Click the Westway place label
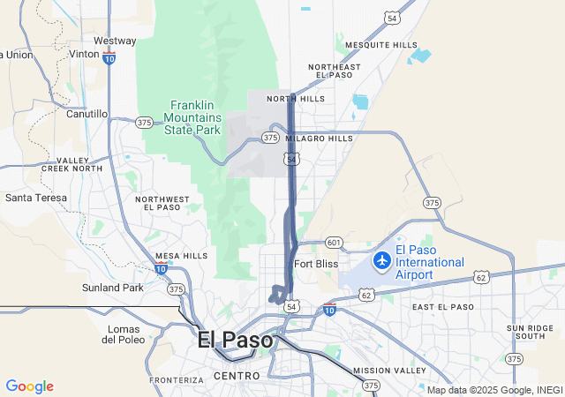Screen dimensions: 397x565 [115, 41]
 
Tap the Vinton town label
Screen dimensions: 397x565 [84, 54]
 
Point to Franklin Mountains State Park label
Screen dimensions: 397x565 [196, 116]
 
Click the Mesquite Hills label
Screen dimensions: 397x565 [381, 45]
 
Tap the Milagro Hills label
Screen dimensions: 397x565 [319, 139]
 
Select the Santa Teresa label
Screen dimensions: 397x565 [36, 198]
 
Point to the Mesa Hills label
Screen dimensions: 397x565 [181, 256]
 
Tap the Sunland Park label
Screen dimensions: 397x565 [112, 288]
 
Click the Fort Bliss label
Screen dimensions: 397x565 [316, 264]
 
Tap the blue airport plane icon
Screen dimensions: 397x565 [381, 260]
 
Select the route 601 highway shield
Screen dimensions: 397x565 [333, 243]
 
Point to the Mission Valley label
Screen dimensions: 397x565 [382, 371]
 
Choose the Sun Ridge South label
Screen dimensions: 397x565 [531, 333]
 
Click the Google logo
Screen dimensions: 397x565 [29, 386]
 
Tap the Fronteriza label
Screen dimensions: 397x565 [177, 380]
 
